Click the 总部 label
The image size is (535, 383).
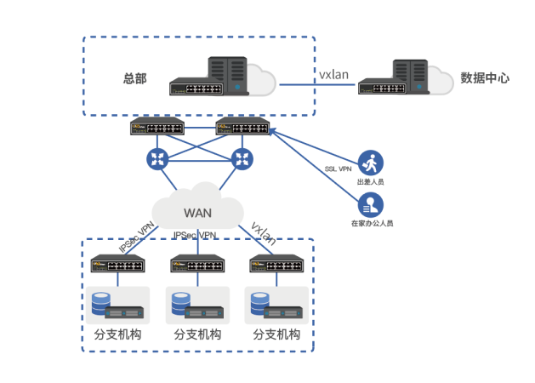tap(134, 78)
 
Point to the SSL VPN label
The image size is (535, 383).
tap(339, 169)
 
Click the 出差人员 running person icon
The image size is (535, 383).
tap(370, 163)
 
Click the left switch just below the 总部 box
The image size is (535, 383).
tap(157, 128)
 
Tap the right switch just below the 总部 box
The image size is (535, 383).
tap(242, 128)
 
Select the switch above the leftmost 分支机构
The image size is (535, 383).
tap(117, 264)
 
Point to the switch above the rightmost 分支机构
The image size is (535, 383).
tap(276, 264)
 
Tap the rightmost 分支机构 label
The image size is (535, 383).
tap(276, 334)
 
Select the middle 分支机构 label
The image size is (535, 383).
tap(197, 334)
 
